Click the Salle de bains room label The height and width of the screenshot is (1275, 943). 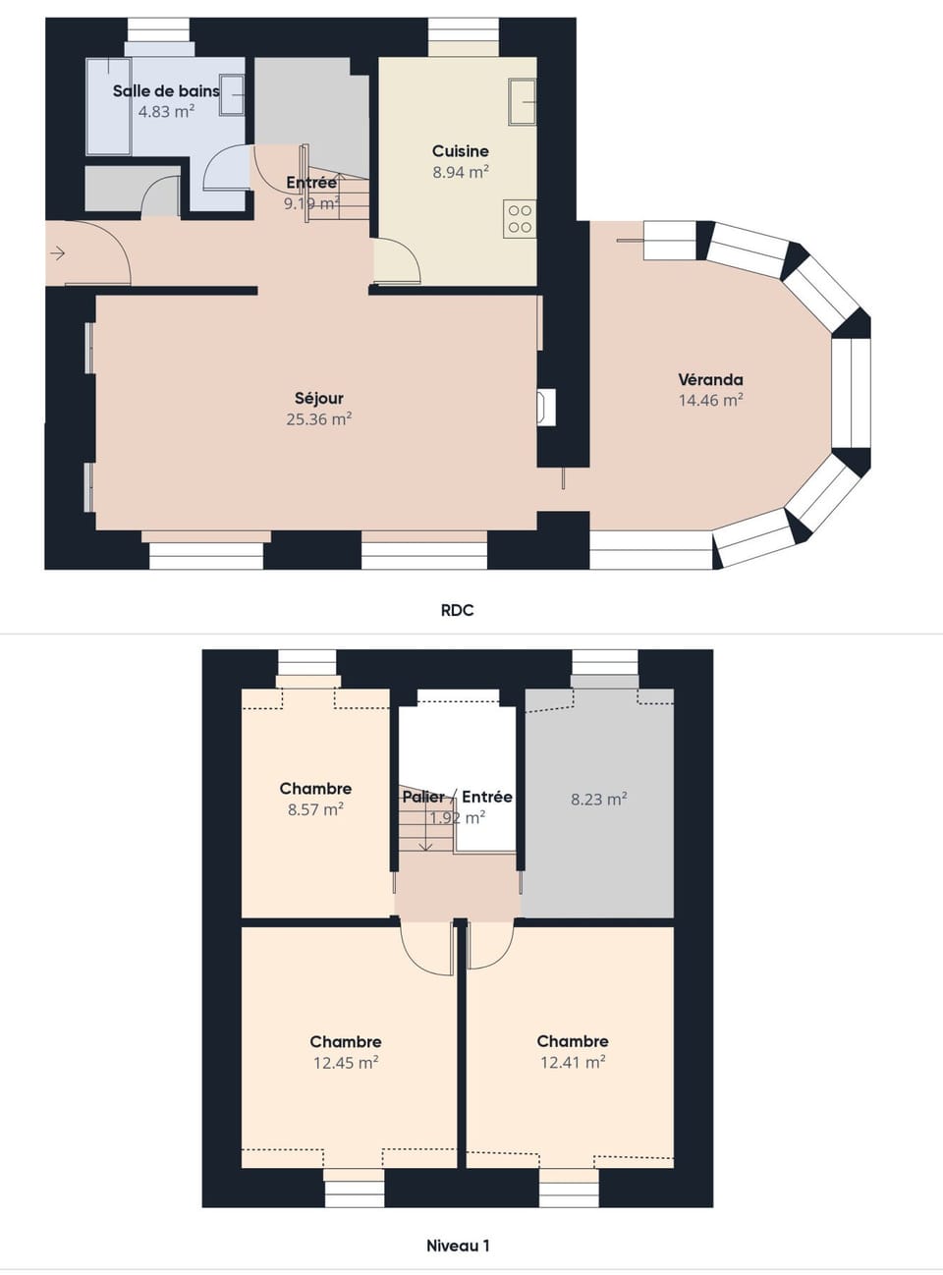coord(166,90)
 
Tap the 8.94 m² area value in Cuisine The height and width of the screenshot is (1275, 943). coord(461,172)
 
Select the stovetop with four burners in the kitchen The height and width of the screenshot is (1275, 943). coord(520,218)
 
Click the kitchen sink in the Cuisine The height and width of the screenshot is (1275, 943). coord(522,101)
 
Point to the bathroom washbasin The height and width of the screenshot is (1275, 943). coord(232,95)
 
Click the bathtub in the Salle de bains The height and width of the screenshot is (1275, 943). coord(108,106)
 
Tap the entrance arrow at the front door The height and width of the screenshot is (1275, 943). coord(58,254)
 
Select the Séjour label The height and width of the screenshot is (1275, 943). coord(319,398)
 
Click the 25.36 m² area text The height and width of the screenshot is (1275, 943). coord(319,419)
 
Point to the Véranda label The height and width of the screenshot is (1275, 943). coord(710,379)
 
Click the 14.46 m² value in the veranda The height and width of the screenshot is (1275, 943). coord(710,401)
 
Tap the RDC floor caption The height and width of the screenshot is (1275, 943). coord(457,610)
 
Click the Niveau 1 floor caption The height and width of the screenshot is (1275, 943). coord(458,1246)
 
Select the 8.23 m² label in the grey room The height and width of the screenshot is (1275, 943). coord(599,800)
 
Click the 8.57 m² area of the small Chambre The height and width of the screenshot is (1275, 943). coord(315,810)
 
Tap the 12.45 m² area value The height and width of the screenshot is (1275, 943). coord(346,1063)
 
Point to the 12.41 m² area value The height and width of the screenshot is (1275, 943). coord(573,1062)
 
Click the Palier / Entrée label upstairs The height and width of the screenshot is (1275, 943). coord(457,797)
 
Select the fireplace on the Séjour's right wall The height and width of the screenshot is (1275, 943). coord(545,408)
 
